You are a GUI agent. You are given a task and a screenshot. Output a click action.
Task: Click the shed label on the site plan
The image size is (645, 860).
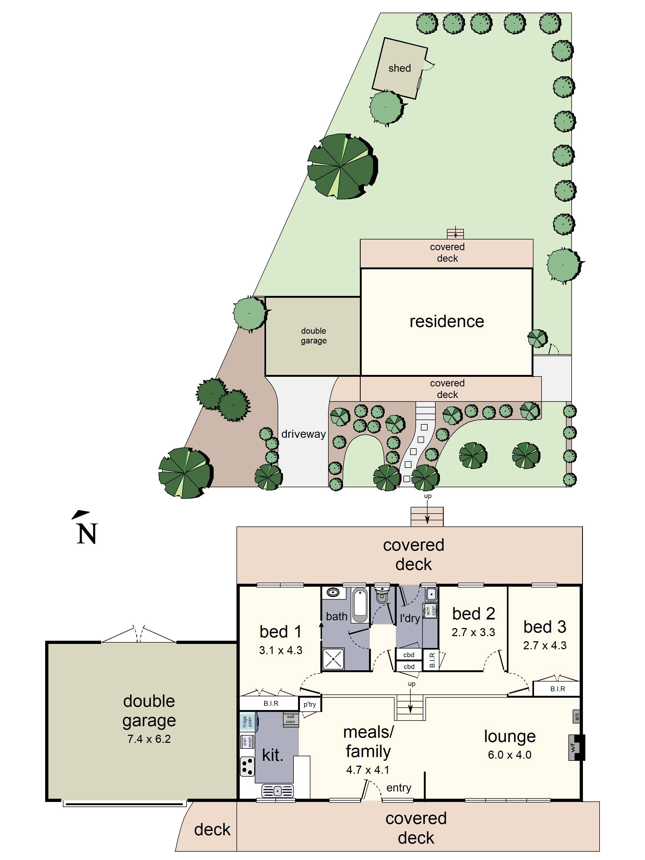tap(399, 69)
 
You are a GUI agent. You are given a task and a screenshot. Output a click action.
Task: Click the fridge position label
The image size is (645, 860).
tap(247, 722)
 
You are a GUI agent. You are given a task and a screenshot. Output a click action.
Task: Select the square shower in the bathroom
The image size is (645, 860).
tap(333, 659)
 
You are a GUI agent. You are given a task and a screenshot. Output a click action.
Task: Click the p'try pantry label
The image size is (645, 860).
tap(310, 704)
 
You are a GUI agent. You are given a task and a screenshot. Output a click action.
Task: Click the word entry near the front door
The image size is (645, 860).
tap(399, 788)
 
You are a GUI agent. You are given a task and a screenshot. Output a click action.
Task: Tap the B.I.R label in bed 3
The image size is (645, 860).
tap(558, 689)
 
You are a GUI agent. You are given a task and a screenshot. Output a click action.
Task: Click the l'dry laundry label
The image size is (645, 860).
tap(410, 618)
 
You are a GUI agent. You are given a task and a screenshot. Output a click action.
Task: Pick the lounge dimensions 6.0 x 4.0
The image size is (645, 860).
tap(509, 755)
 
